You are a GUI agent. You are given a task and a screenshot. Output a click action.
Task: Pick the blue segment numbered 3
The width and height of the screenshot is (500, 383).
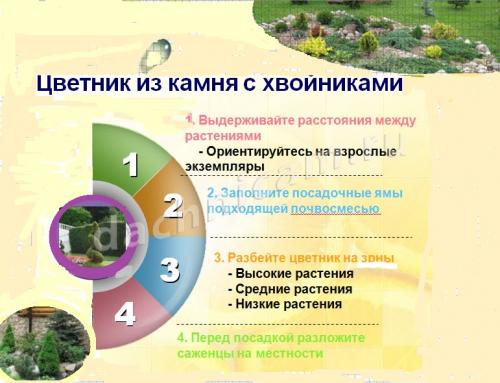pyautogui.click(x=169, y=269)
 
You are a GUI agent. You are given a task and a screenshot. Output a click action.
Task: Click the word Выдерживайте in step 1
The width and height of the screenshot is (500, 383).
pyautogui.click(x=241, y=119)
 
